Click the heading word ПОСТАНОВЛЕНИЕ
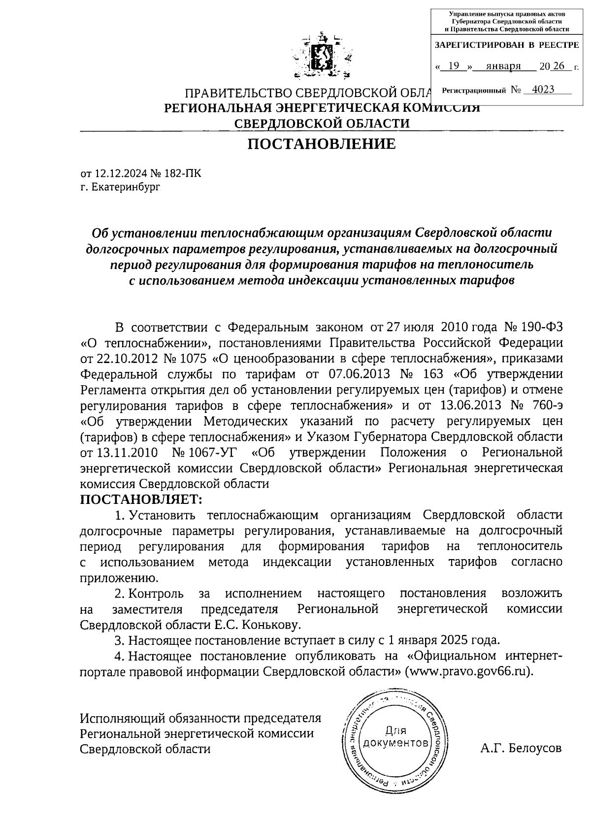click(x=321, y=144)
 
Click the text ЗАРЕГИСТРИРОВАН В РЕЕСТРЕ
click(x=507, y=45)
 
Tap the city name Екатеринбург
click(x=126, y=187)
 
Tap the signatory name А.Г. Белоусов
click(x=521, y=748)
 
